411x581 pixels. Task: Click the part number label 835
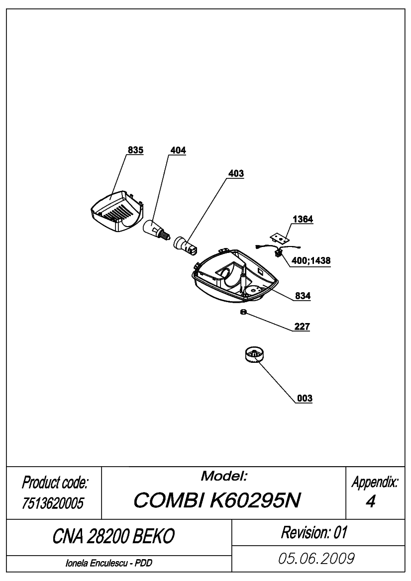(135, 150)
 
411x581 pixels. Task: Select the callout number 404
(178, 150)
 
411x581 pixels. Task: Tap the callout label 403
(236, 173)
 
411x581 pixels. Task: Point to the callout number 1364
(303, 219)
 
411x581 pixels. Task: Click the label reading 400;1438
(311, 260)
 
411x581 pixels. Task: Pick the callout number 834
(303, 296)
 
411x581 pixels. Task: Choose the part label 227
(302, 327)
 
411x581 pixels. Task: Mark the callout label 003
(305, 398)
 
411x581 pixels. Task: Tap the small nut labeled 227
(243, 312)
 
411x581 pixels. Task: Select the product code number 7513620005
(53, 503)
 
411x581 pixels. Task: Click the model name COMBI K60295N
(217, 500)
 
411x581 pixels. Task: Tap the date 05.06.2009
(316, 559)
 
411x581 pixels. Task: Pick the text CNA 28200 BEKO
(113, 536)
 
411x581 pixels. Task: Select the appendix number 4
(370, 501)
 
